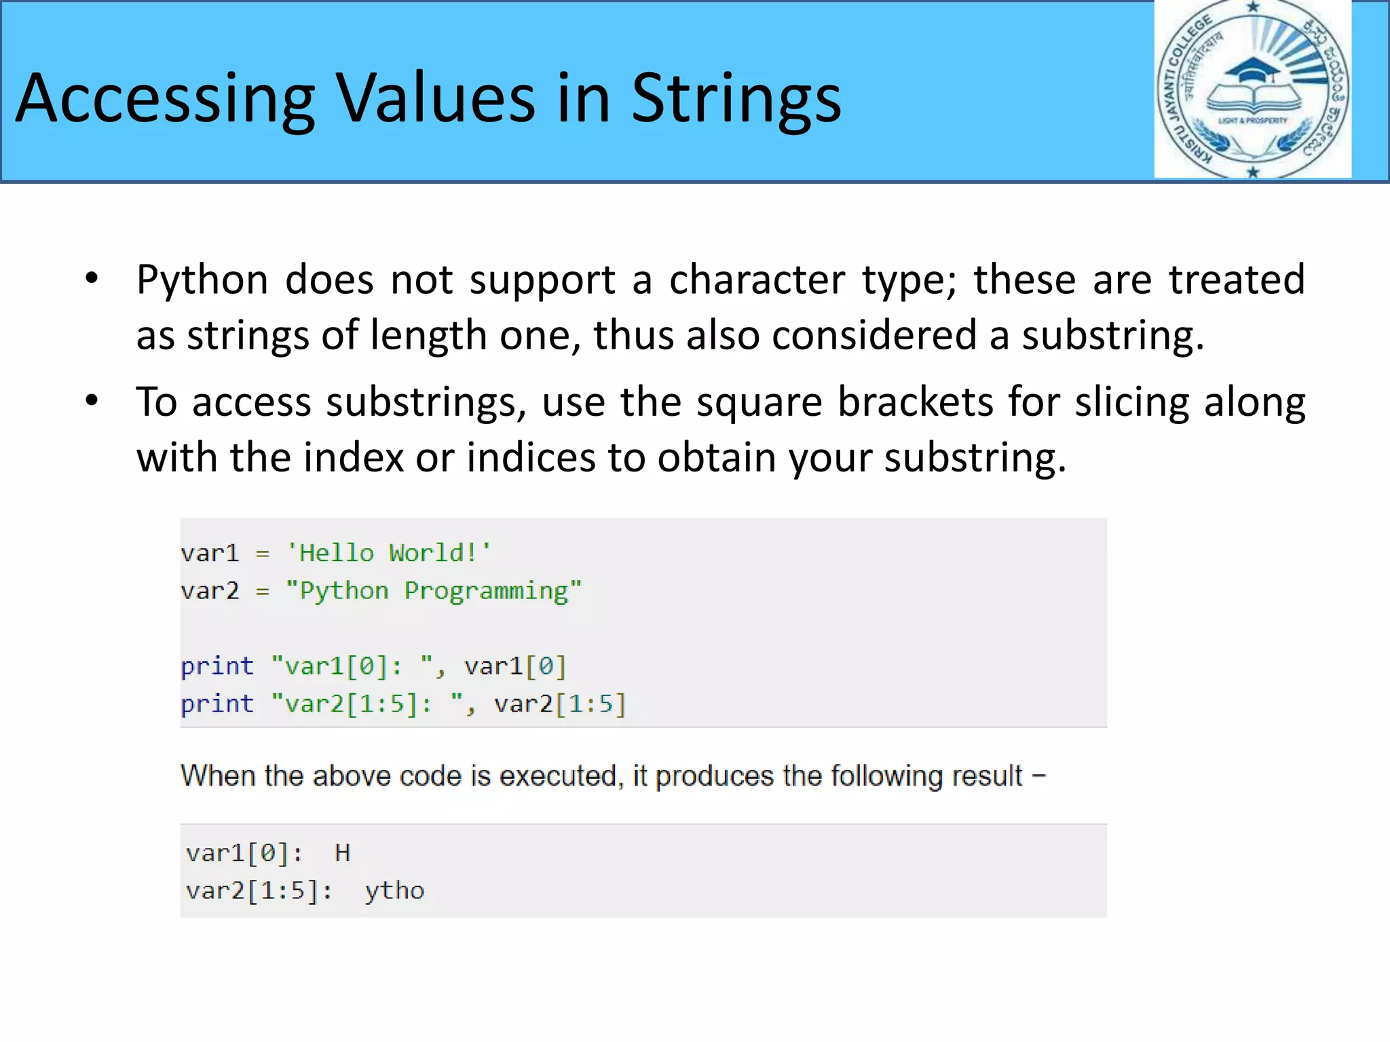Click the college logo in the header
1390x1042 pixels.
point(1252,90)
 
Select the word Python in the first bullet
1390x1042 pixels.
point(202,279)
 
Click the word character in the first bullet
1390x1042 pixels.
point(757,279)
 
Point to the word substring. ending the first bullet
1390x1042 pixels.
point(1113,335)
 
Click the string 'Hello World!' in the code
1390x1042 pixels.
point(388,553)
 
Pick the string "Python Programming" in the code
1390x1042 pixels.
point(433,591)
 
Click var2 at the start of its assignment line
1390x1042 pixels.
point(210,591)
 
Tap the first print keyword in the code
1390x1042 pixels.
point(217,666)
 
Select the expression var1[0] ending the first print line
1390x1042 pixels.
point(515,666)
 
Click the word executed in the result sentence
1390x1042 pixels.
point(557,775)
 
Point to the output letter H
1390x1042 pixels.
point(343,853)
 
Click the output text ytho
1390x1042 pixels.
point(394,891)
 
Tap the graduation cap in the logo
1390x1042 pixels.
point(1253,70)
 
